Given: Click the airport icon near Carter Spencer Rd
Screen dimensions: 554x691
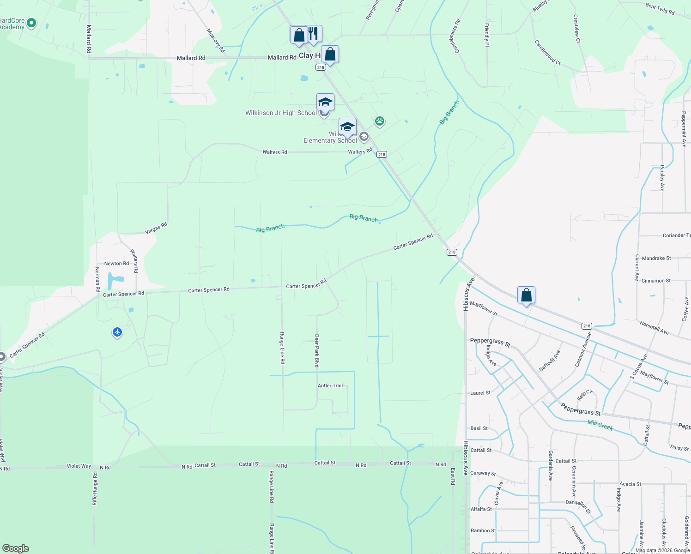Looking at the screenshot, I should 117,332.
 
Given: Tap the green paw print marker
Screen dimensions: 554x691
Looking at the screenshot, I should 380,121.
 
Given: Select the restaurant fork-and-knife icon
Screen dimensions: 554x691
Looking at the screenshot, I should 314,34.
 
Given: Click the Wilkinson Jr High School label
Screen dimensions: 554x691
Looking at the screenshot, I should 281,113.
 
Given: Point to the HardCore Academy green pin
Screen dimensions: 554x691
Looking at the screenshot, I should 31,23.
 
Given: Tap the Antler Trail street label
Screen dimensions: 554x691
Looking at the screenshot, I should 330,385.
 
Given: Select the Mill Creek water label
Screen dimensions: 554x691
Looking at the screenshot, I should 600,425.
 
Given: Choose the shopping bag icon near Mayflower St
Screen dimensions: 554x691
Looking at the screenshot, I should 526,295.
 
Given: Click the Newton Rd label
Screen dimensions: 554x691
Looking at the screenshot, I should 116,264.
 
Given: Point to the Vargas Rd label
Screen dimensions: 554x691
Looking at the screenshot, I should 156,228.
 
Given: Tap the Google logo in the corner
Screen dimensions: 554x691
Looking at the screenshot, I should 15,548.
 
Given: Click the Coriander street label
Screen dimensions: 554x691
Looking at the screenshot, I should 676,235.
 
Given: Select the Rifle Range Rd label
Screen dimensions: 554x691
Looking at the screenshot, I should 95,488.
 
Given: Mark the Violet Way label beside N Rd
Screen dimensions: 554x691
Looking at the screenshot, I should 79,466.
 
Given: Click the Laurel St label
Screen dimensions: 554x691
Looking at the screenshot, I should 480,393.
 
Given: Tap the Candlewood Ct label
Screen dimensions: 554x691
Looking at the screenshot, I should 547,52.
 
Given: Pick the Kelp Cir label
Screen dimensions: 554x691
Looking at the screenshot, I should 584,395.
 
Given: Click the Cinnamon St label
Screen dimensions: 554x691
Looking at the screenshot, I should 656,281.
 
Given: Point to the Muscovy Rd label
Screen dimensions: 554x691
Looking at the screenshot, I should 215,41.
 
